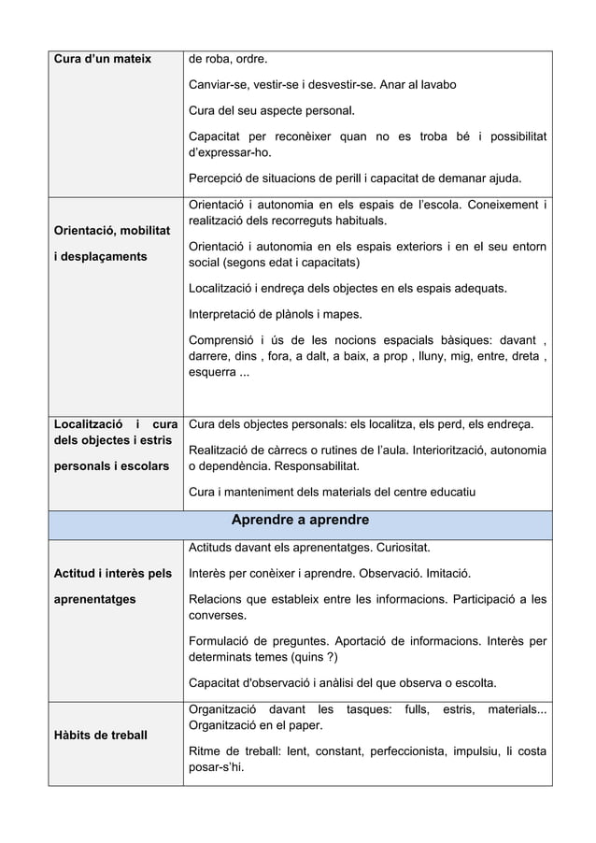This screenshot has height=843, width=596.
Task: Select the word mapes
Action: (x=340, y=313)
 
